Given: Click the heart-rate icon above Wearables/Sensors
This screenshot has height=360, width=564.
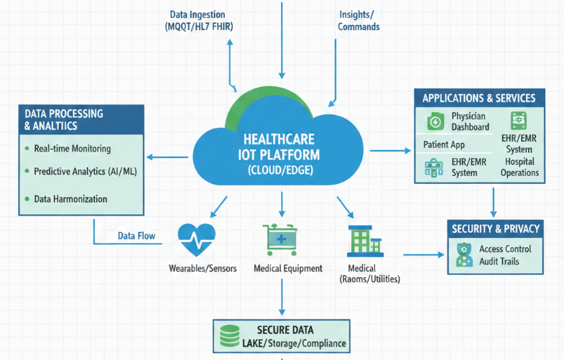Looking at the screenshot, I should [x=196, y=239].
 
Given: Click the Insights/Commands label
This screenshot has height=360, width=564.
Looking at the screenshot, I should [x=359, y=20].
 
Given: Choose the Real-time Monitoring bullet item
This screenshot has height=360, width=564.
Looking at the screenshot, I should [x=72, y=149].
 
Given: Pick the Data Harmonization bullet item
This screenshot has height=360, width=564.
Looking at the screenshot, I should [x=71, y=198].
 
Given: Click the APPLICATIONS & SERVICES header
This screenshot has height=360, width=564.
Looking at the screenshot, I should [x=479, y=98].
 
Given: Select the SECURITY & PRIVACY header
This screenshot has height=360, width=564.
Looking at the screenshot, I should [x=495, y=229].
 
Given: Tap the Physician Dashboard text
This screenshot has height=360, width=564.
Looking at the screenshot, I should [x=469, y=121].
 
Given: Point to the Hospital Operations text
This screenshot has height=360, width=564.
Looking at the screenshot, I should [x=520, y=167].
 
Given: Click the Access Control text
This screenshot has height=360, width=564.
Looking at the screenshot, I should [x=505, y=249].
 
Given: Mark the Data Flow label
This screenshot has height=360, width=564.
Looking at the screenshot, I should [x=137, y=236].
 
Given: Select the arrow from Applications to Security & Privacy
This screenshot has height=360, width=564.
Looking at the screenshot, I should [x=494, y=203].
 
